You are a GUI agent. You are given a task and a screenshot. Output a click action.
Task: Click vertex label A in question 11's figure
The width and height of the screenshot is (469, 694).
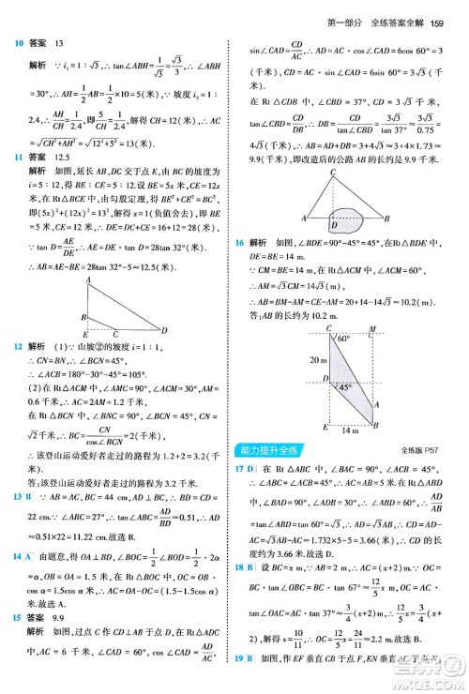(x=87, y=280)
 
